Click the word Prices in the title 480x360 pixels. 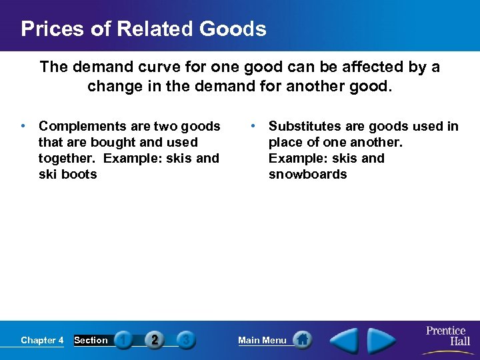(52, 29)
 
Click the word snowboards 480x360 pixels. (307, 175)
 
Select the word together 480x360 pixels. (66, 159)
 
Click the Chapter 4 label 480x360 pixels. (42, 341)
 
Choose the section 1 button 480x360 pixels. (123, 340)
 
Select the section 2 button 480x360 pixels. (155, 340)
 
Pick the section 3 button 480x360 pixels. (186, 340)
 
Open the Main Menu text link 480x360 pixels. (262, 341)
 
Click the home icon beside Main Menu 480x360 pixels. (302, 340)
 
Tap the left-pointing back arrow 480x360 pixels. (345, 340)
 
